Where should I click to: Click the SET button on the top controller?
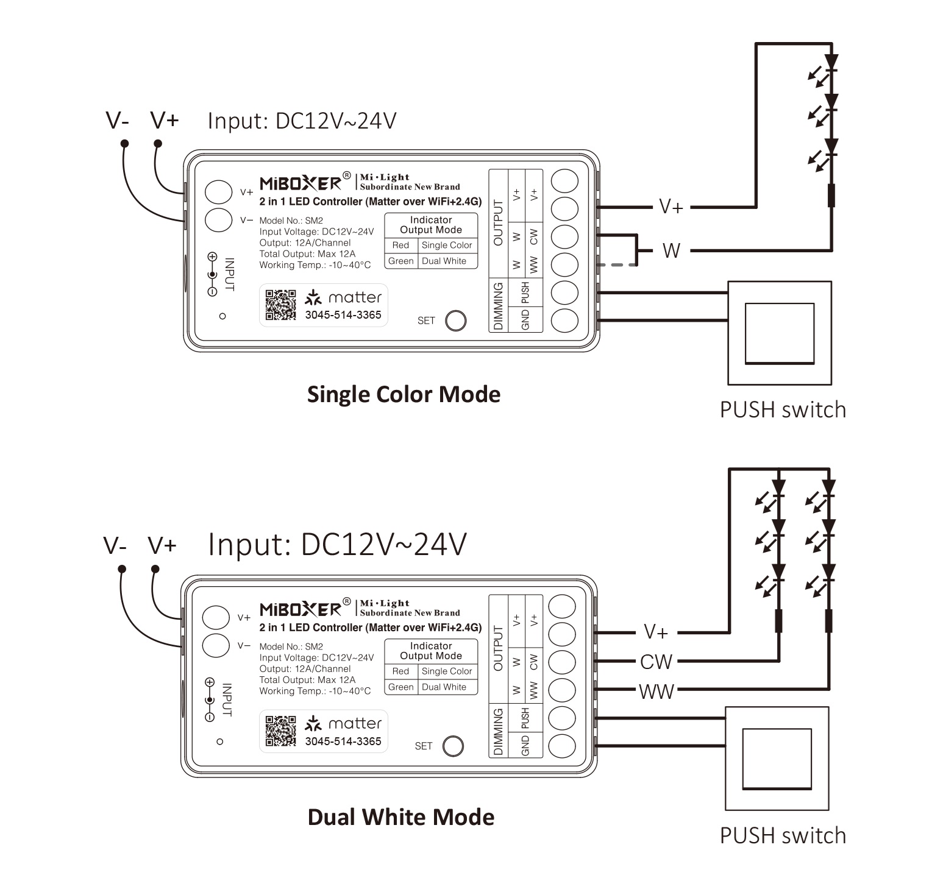tap(455, 320)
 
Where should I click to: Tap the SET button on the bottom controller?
tap(453, 746)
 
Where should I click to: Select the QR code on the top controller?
tap(281, 305)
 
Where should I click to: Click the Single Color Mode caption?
tap(404, 394)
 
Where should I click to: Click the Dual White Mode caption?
tap(400, 817)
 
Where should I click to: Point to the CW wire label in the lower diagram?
tap(656, 662)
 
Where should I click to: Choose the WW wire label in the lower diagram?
tap(656, 692)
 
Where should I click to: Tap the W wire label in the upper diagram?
tap(671, 250)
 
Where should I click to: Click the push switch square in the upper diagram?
tap(780, 333)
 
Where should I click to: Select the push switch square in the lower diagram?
tap(777, 759)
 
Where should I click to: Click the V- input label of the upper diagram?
tap(117, 121)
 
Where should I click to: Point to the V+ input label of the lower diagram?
tap(162, 545)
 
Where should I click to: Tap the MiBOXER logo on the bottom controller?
tap(301, 610)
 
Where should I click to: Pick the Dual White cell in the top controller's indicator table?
tap(444, 261)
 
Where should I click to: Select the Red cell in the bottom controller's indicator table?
tap(400, 671)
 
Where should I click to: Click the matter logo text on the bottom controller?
tap(355, 723)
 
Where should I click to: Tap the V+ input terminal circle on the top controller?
tap(218, 192)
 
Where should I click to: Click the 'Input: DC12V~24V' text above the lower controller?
tap(337, 544)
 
